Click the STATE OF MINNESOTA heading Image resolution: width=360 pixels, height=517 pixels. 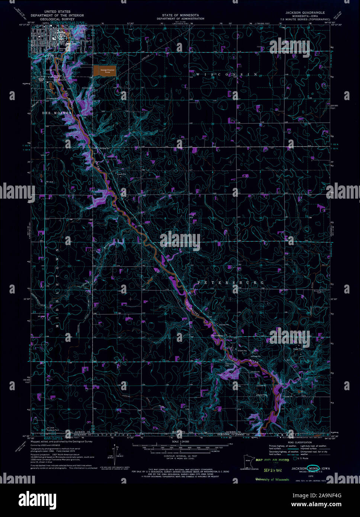coord(180,15)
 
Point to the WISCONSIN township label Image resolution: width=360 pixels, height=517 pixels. coord(227,75)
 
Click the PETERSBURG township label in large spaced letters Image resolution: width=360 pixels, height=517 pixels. coord(231,283)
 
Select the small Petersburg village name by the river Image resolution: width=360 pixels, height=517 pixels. coord(216,335)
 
